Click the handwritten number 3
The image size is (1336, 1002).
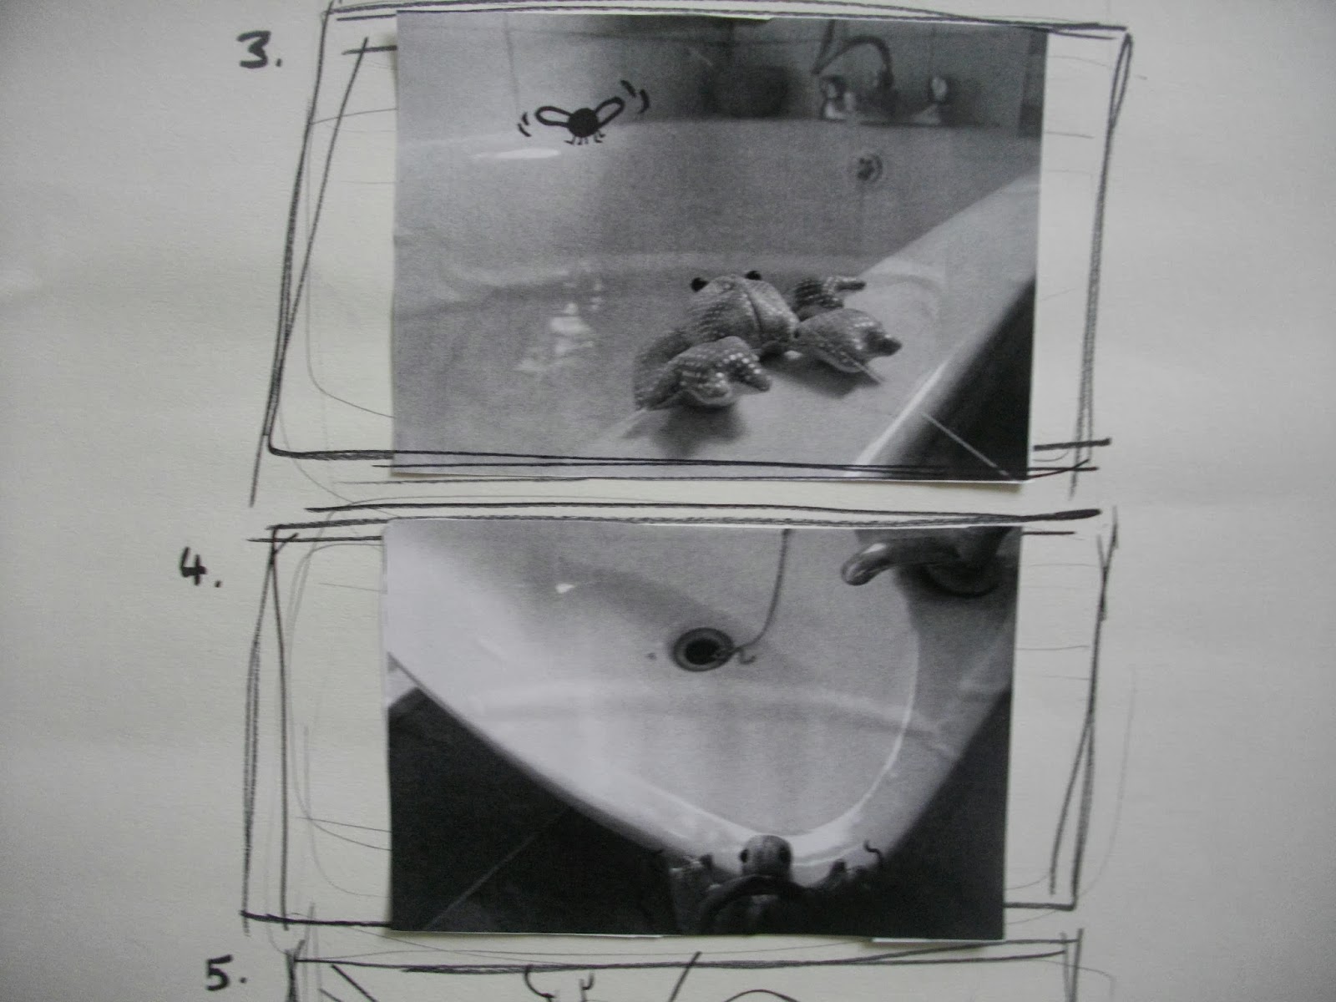[x=259, y=50]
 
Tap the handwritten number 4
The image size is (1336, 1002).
[x=200, y=569]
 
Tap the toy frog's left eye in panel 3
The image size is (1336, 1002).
[x=697, y=283]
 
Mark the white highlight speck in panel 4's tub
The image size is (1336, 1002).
[x=565, y=588]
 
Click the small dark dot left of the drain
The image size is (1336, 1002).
[x=650, y=655]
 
